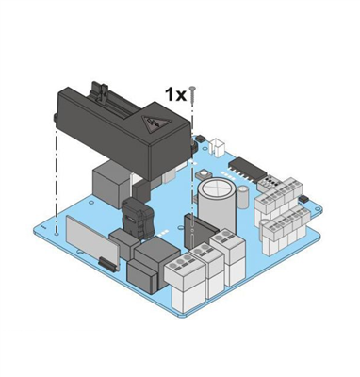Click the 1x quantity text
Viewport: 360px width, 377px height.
point(176,94)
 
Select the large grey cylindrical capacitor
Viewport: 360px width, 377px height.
point(217,205)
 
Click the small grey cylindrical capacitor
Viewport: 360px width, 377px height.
point(243,197)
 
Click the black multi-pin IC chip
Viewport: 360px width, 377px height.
point(248,170)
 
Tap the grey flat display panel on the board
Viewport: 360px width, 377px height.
point(92,239)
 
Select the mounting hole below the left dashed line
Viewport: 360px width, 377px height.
point(57,234)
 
